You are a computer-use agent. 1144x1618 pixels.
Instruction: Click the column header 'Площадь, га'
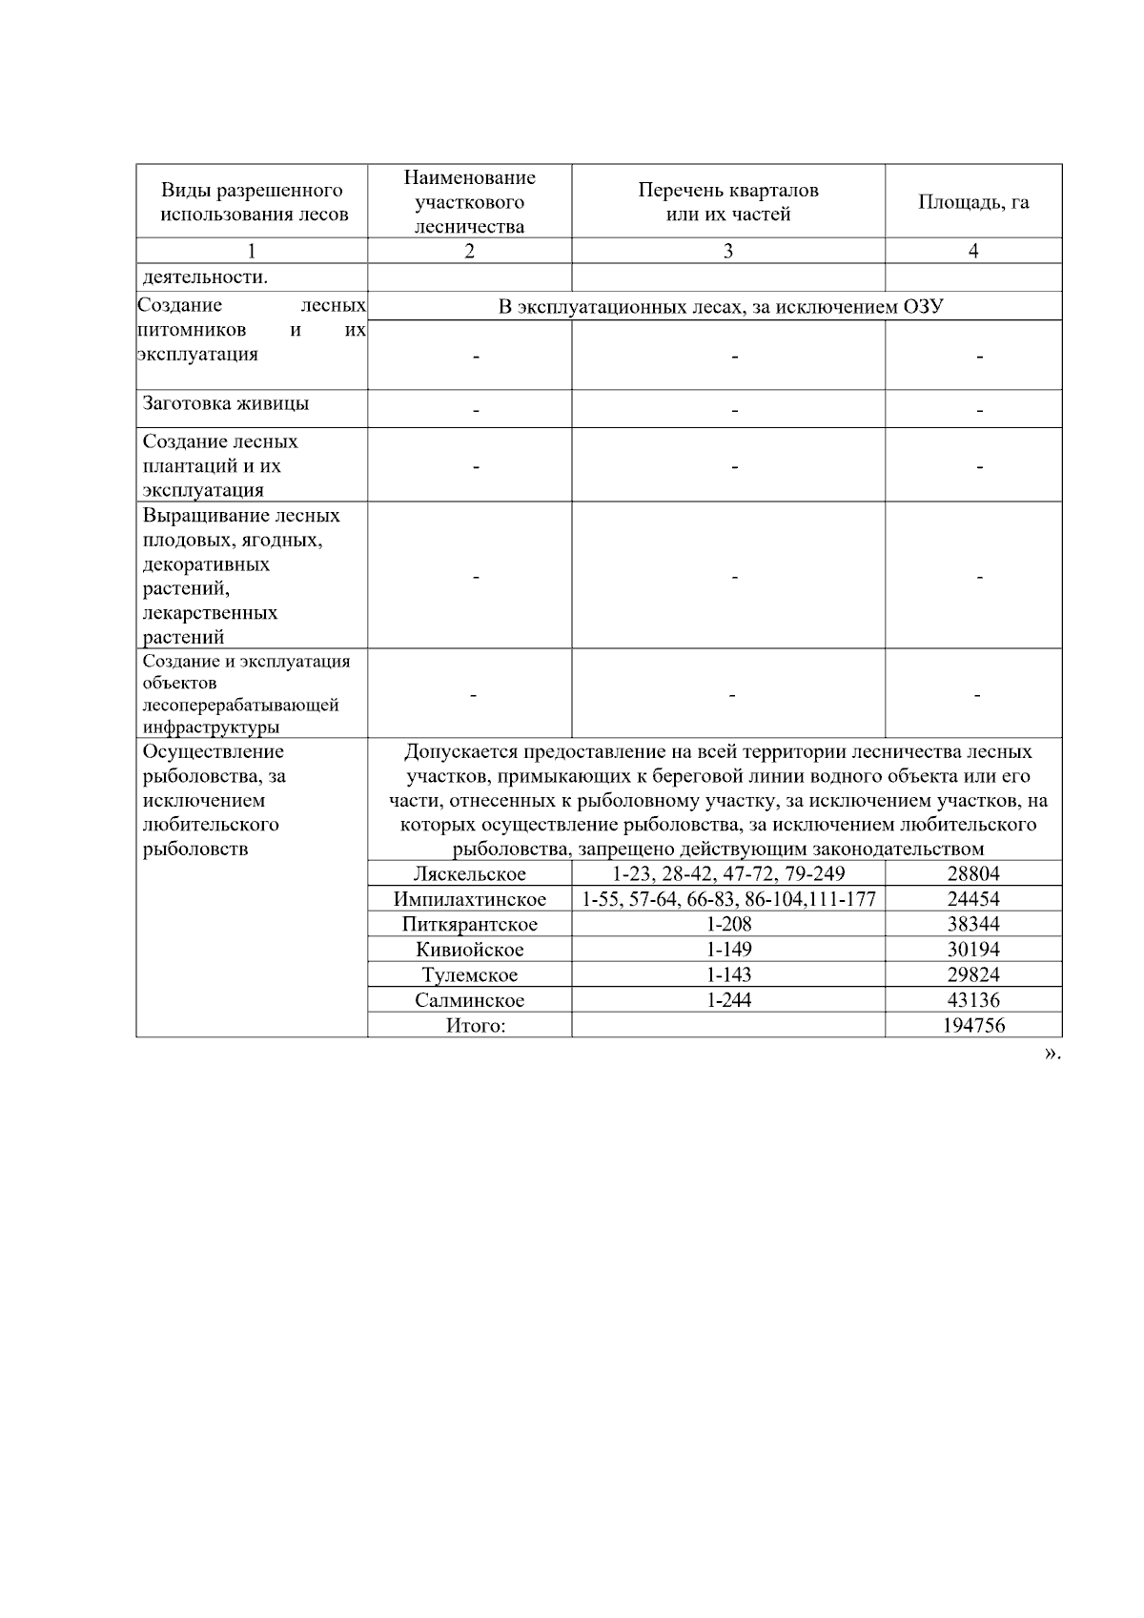coord(973,202)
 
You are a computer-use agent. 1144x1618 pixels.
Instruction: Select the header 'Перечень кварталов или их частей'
coord(728,202)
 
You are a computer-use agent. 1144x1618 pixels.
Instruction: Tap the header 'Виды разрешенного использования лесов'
coord(252,202)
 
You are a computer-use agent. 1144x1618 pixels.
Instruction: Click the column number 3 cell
coord(728,251)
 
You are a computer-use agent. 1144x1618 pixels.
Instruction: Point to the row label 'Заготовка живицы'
coord(226,403)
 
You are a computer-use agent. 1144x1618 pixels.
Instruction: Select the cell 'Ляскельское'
coord(469,874)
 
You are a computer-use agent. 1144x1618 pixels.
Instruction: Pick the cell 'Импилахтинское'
coord(469,899)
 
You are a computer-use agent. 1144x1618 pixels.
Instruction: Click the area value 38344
coord(973,924)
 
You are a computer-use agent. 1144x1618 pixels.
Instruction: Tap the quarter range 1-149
coord(728,950)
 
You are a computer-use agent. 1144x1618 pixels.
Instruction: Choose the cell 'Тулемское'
coord(469,975)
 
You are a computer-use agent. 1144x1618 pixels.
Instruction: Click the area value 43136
coord(973,1000)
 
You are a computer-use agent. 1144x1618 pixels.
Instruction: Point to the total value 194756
coord(973,1026)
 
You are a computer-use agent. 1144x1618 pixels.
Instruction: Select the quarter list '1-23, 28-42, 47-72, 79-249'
coord(728,874)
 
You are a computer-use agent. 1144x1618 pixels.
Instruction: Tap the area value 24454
coord(973,899)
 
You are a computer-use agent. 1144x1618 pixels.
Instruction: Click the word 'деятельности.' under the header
coord(205,277)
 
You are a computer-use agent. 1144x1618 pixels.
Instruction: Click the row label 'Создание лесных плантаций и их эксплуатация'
coord(220,466)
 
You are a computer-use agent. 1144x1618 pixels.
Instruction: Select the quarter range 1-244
coord(728,1000)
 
